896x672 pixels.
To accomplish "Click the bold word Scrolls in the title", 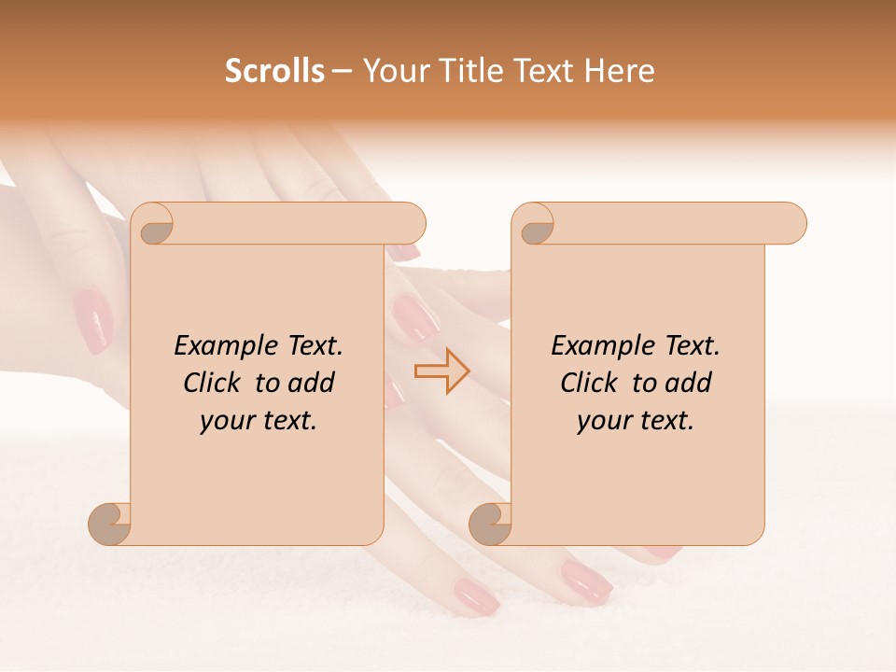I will tap(274, 70).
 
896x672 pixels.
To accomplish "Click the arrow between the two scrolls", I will tap(441, 371).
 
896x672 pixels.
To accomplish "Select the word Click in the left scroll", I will tap(213, 383).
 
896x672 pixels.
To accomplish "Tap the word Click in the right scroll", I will tap(590, 383).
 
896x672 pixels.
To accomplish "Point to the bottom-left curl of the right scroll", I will tap(490, 523).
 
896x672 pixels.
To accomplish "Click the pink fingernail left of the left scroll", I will tap(92, 320).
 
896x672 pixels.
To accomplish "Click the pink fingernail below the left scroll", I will tap(476, 595).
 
